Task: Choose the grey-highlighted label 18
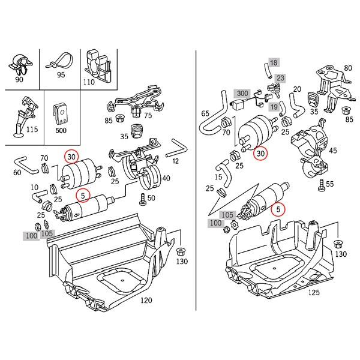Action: click(x=273, y=62)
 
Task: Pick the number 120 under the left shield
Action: click(x=146, y=300)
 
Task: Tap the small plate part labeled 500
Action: click(x=60, y=111)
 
